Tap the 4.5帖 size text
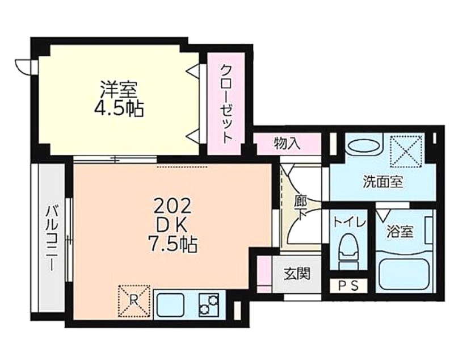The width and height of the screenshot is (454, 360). point(119,109)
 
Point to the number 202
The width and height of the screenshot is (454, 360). point(173,206)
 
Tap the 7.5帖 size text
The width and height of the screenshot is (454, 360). point(173,244)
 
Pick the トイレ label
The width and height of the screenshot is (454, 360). point(350,223)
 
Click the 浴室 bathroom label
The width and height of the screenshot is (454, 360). point(400,232)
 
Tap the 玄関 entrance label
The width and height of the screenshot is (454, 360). point(297,273)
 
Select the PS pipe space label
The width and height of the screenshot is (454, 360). point(348,286)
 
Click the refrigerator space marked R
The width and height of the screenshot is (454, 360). point(134,301)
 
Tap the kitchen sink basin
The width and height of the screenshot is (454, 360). point(170,305)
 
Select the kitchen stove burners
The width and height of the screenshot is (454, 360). point(208,305)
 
